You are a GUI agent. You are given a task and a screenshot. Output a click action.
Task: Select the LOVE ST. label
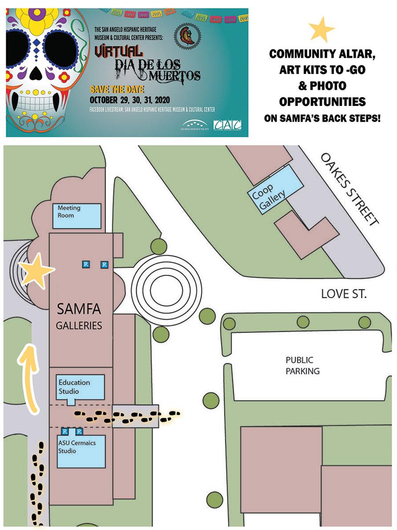[x=344, y=294]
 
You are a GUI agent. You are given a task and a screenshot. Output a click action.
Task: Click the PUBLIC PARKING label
[x=302, y=365]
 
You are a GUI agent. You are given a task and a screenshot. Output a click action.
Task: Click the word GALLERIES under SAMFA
[x=79, y=326]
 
